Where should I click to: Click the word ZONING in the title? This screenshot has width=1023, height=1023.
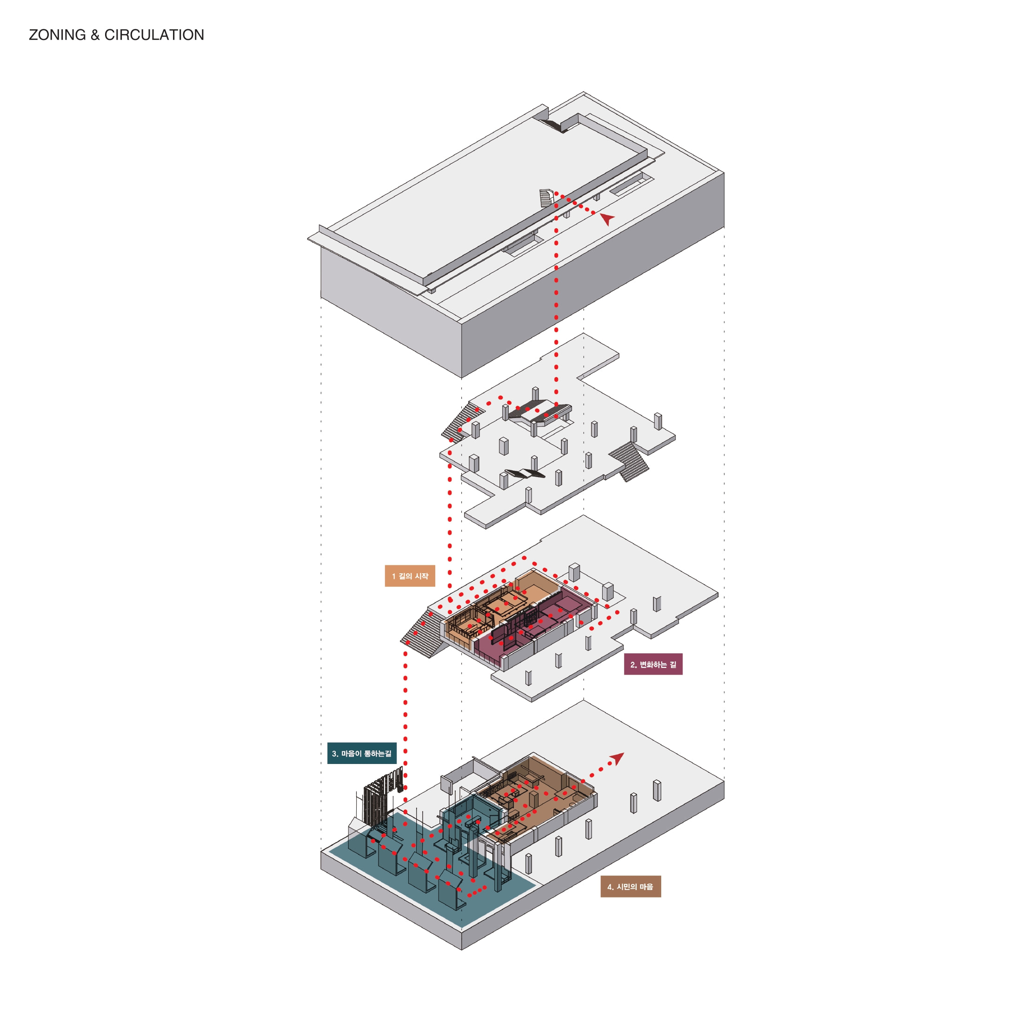pos(57,35)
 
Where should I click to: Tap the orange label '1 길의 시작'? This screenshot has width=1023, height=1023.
pos(410,576)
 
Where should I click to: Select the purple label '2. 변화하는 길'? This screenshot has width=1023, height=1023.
pos(653,664)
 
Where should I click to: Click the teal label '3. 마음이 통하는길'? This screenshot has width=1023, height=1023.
pos(362,753)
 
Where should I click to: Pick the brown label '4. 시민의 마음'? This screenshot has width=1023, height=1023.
pos(630,886)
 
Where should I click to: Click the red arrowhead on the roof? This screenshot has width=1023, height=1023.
pos(607,218)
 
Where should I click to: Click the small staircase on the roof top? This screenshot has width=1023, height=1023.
pos(546,198)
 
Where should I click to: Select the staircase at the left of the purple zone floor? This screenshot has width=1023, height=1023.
pos(423,633)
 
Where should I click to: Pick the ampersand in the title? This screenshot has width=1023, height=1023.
pos(95,35)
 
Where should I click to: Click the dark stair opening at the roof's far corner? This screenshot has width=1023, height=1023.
pos(553,126)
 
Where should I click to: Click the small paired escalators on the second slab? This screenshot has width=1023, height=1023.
pos(524,473)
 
